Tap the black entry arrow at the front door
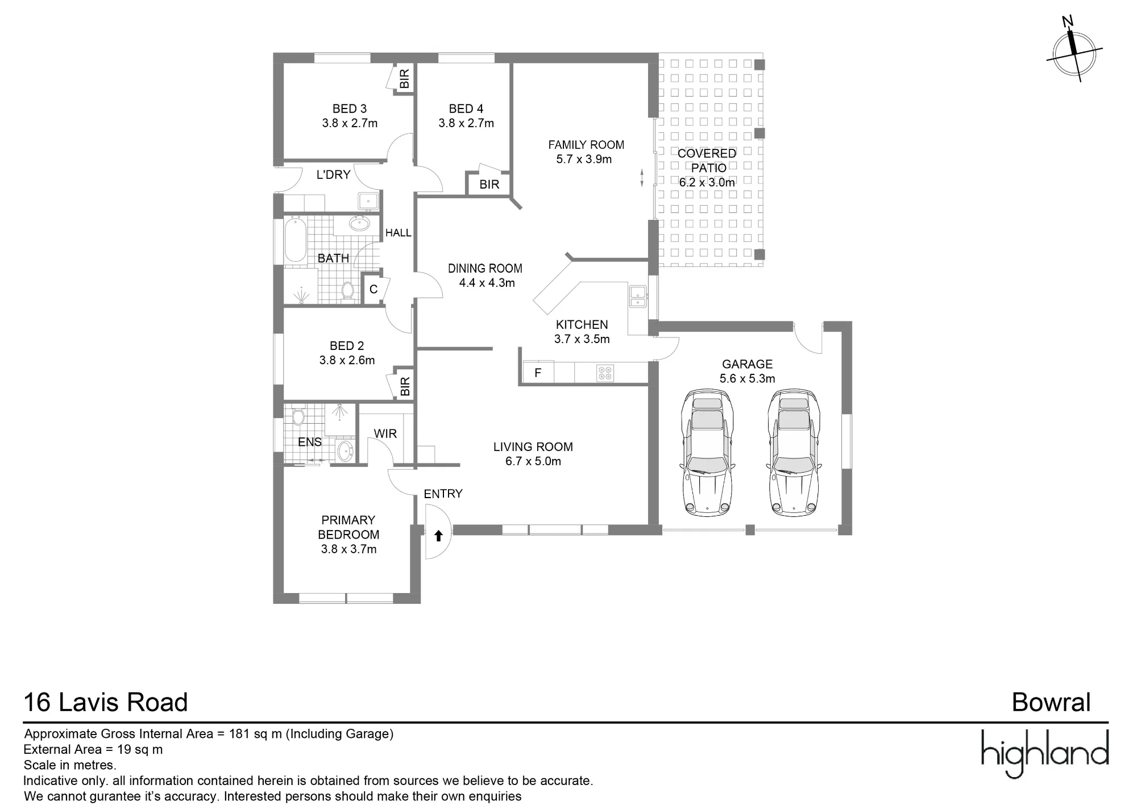click(x=438, y=535)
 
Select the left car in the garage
click(x=707, y=453)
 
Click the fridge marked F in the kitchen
click(x=538, y=373)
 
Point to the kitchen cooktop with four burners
click(x=605, y=373)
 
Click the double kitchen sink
click(x=637, y=296)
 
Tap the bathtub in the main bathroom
click(x=295, y=241)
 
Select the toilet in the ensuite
click(x=298, y=417)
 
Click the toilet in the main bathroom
click(x=348, y=290)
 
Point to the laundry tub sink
click(x=368, y=202)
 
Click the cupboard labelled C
click(x=374, y=289)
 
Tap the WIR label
click(x=385, y=434)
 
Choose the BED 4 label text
click(x=466, y=108)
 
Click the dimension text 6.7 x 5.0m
click(x=533, y=461)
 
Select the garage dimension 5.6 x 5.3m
click(x=748, y=378)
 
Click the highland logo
click(x=1045, y=753)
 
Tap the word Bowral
click(x=1051, y=703)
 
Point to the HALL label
click(x=399, y=233)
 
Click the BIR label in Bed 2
click(x=405, y=386)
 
